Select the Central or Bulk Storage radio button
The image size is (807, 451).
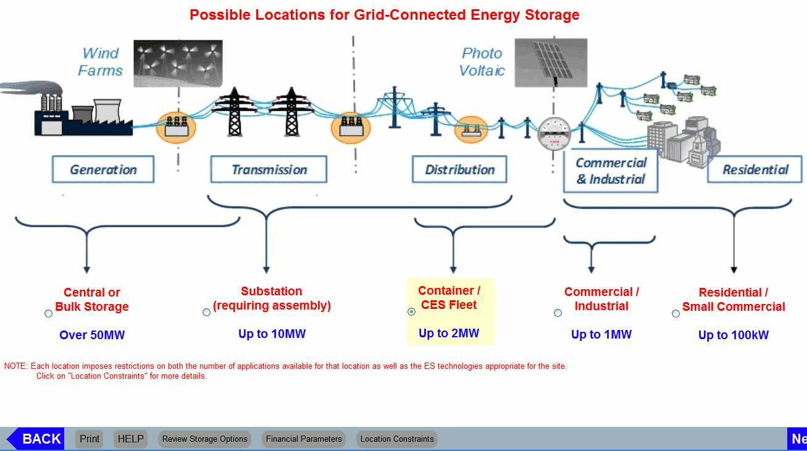point(49,313)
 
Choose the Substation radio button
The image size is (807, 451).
point(207,312)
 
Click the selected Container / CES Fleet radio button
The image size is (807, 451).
point(412,311)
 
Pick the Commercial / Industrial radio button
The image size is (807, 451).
point(558,313)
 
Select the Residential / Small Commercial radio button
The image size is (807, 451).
point(676,313)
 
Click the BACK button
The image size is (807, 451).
point(36,439)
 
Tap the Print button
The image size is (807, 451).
point(90,439)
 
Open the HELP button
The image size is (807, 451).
point(130,439)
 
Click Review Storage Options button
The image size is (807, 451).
point(204,439)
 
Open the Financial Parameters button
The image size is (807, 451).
point(304,439)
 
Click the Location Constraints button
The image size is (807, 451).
point(397,439)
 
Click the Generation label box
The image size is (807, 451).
point(103,169)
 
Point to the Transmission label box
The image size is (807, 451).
point(269,169)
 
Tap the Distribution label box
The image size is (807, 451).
point(459,169)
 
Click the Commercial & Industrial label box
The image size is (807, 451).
point(610,171)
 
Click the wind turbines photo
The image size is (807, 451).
point(178,64)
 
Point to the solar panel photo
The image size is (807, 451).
point(551,62)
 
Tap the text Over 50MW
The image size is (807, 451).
point(92,335)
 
